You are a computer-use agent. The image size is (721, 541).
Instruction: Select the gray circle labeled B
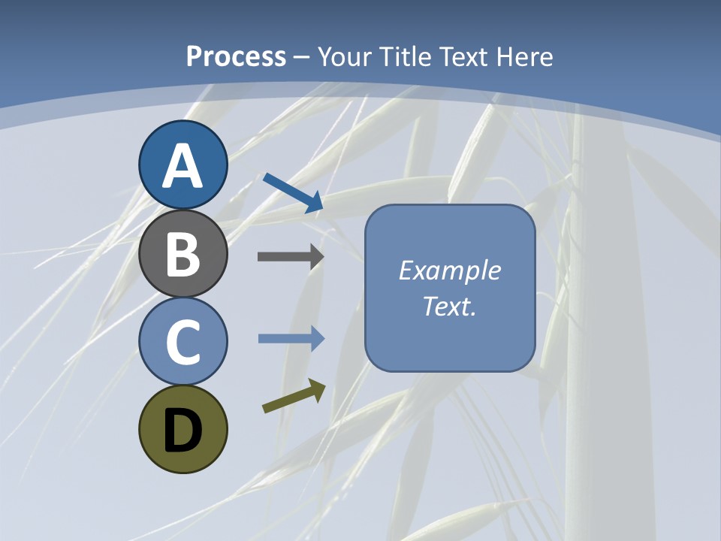tap(183, 253)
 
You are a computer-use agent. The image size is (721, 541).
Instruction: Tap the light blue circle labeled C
tap(183, 341)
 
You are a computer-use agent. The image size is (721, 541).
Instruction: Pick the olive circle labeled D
tap(183, 429)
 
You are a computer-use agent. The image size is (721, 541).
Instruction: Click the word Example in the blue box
tap(450, 270)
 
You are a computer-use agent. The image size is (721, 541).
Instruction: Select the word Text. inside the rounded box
tap(450, 306)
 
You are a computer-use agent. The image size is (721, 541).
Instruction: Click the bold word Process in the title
tap(236, 56)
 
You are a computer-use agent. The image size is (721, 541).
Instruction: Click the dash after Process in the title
tap(301, 57)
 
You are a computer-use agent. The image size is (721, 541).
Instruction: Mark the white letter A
tap(183, 166)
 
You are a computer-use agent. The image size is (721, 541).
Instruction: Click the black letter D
tap(183, 431)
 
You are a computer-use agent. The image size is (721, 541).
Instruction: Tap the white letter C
tap(183, 343)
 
